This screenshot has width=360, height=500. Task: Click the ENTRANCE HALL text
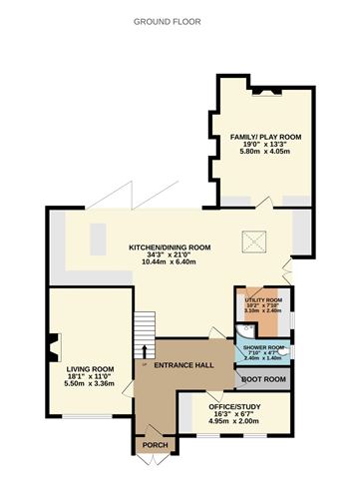tap(183, 366)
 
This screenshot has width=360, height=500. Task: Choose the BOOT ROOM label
tap(262, 379)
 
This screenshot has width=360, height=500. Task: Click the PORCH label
tap(155, 445)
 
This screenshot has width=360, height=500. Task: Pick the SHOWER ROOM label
tap(264, 347)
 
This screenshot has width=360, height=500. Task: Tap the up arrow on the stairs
tap(146, 350)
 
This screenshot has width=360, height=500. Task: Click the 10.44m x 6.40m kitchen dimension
tap(170, 262)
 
